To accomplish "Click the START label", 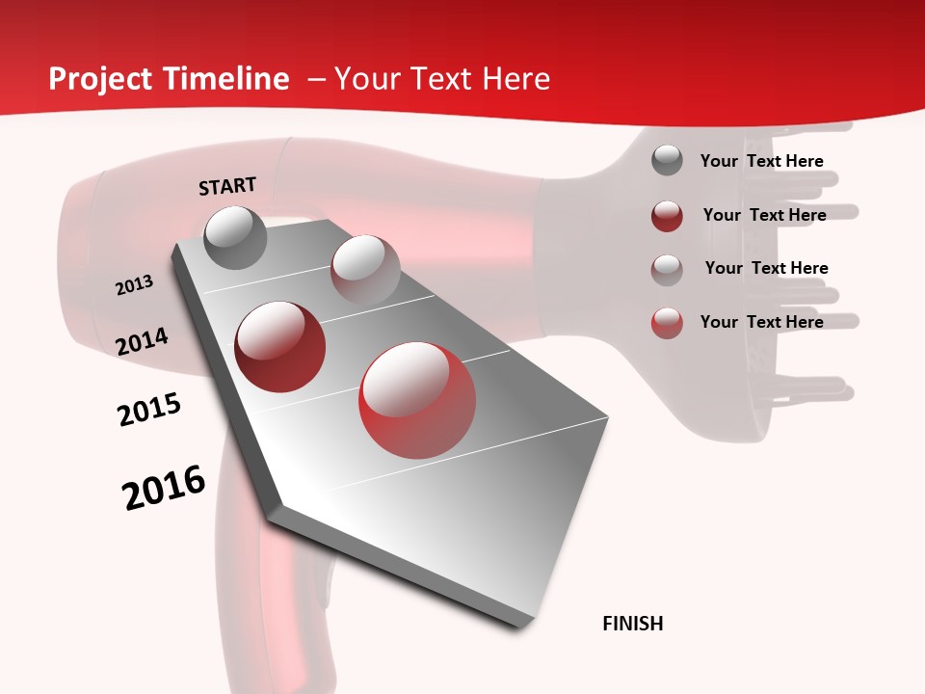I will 227,186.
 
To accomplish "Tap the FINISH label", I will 633,624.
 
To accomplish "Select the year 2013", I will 134,285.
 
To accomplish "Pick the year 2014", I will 142,341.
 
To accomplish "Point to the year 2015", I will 148,410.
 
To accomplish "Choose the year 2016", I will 164,487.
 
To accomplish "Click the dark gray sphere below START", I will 235,237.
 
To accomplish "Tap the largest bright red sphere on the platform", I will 417,399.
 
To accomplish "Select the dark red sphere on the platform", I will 280,346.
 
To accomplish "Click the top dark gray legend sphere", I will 667,160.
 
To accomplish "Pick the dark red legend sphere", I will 667,216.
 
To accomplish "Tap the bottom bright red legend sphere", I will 667,323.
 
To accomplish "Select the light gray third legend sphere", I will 667,269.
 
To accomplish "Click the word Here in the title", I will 515,79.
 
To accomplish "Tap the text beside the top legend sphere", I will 761,161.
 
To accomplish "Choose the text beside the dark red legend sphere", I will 764,215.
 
